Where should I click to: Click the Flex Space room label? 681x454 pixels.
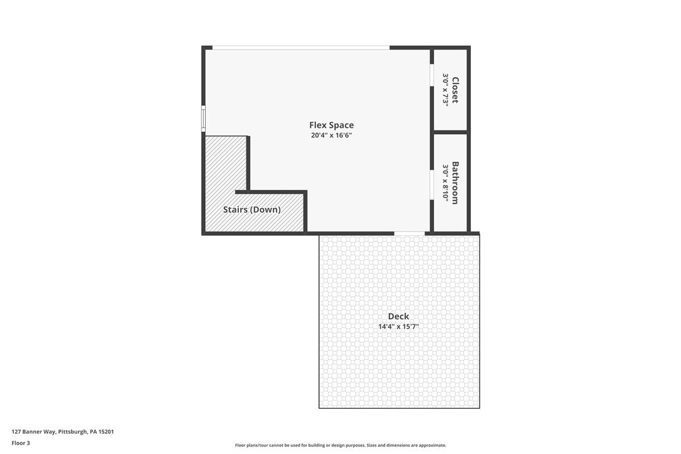point(331,125)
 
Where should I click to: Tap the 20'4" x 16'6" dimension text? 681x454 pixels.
point(331,135)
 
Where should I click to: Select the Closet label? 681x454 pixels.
point(455,90)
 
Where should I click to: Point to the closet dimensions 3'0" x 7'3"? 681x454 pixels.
point(446,90)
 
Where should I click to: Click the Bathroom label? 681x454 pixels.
point(455,182)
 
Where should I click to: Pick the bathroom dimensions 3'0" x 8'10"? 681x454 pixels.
point(446,182)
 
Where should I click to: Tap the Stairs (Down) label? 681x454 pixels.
point(251,209)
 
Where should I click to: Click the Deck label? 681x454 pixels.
point(398,316)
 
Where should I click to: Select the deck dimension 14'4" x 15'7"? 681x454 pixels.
point(398,327)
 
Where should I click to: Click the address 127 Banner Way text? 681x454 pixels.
point(34,431)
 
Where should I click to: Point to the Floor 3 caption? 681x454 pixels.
point(21,443)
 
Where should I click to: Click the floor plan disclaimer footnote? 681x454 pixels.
point(340,445)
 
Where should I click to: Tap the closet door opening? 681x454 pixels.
point(432,75)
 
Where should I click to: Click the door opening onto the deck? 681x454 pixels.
point(409,234)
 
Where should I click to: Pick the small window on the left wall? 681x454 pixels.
point(203,119)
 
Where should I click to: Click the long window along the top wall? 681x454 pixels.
point(301,48)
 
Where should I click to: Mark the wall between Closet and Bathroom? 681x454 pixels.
point(450,132)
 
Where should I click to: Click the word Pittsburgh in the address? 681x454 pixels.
point(73,431)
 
